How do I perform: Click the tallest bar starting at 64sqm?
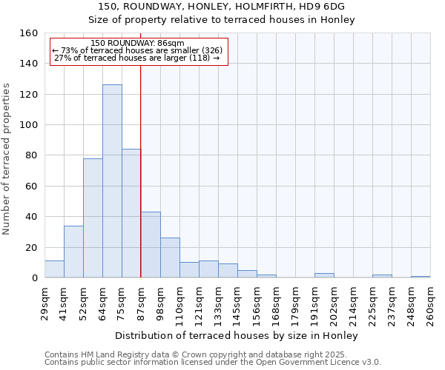click(112, 181)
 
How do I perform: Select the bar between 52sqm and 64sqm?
click(93, 218)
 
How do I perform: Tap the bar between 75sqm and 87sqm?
click(131, 213)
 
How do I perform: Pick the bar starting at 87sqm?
click(151, 245)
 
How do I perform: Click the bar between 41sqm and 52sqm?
click(73, 252)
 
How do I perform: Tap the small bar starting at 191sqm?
click(324, 275)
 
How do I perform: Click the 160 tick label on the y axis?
click(29, 33)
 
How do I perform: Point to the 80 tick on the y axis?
click(32, 155)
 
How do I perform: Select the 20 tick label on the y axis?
click(32, 247)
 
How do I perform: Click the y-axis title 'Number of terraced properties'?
click(7, 159)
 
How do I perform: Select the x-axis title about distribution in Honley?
click(237, 336)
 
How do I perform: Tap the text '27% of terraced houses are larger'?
click(122, 58)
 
